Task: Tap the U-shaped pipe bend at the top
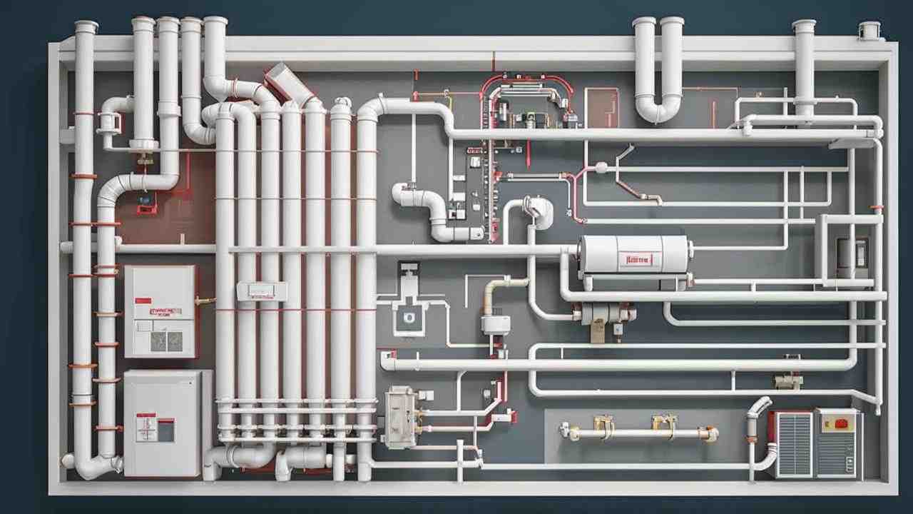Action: pyautogui.click(x=658, y=107)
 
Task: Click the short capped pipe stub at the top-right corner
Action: pyautogui.click(x=869, y=31)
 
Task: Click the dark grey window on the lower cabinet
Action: pyautogui.click(x=165, y=430)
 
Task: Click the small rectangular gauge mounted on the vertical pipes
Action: pyautogui.click(x=262, y=291)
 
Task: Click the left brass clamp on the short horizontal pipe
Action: pyautogui.click(x=603, y=427)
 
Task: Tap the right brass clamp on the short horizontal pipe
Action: pyautogui.click(x=663, y=425)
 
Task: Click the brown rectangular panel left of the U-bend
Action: pyautogui.click(x=601, y=107)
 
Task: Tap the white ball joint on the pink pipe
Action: pyautogui.click(x=601, y=169)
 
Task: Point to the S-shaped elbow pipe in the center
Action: pyautogui.click(x=428, y=211)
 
